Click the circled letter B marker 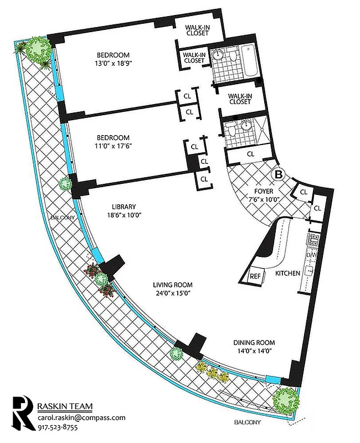pos(279,174)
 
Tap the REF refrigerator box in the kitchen pos(255,276)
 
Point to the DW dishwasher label pos(311,255)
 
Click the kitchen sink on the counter pos(310,271)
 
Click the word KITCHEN pos(287,274)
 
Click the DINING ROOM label pos(255,342)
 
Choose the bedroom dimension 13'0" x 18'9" pos(113,63)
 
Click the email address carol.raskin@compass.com pos(81,418)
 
